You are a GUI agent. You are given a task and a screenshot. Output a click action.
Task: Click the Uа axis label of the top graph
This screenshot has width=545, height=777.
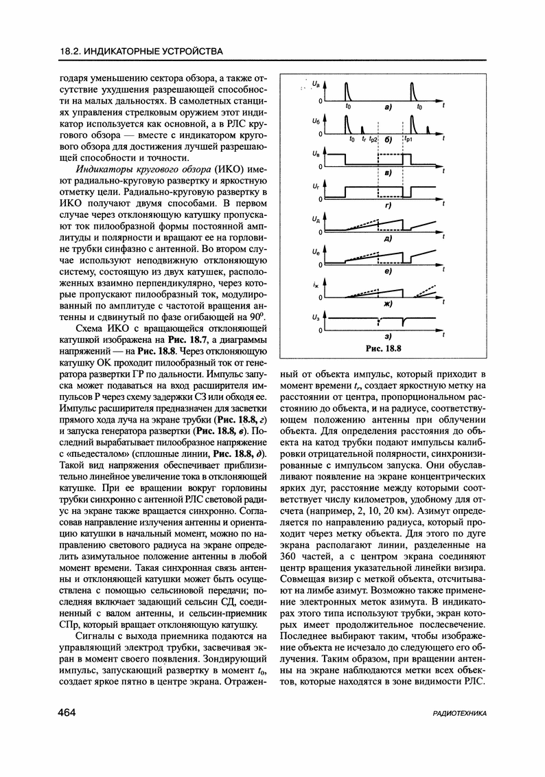coord(315,84)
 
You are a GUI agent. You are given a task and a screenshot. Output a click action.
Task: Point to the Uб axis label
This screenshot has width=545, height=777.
coord(315,120)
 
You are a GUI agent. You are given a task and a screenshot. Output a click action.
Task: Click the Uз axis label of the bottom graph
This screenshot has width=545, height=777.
coord(315,317)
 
